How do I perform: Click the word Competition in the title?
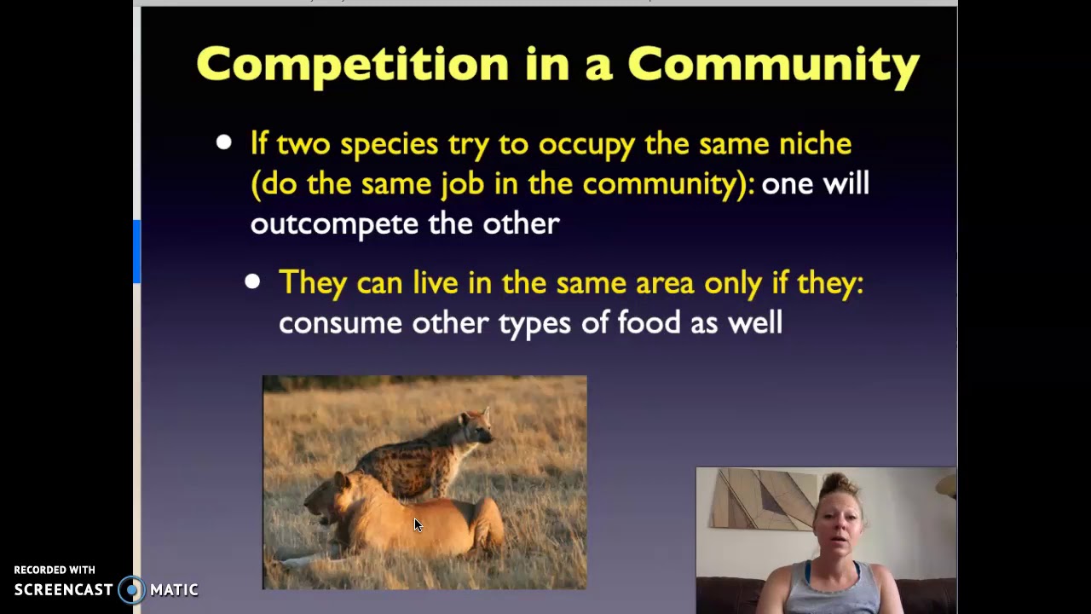point(352,65)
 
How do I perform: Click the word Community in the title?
point(773,65)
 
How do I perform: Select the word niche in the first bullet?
point(815,144)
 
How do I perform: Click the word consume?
point(339,323)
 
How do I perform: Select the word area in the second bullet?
point(665,283)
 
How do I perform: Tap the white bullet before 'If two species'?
point(223,142)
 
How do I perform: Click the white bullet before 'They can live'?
point(252,281)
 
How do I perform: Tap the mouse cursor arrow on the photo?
point(418,524)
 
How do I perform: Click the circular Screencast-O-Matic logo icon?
point(131,590)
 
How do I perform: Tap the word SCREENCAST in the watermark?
point(63,590)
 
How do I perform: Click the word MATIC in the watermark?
point(174,590)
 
